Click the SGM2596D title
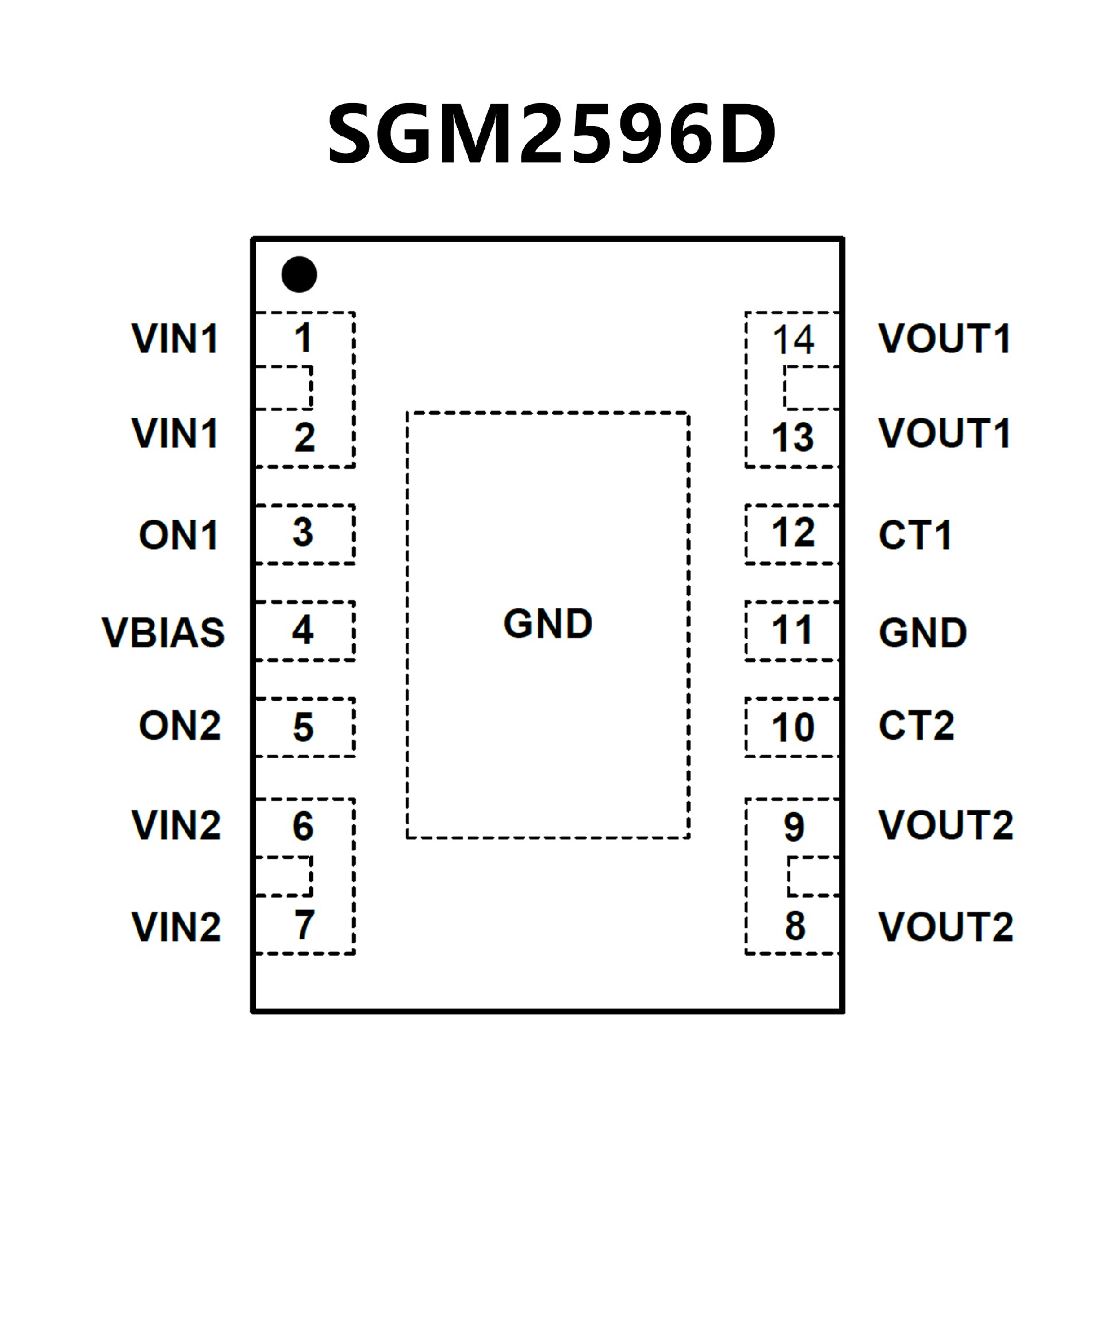(x=551, y=133)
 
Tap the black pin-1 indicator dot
(x=299, y=274)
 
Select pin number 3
(x=303, y=532)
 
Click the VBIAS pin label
(x=163, y=632)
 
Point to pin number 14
(x=793, y=339)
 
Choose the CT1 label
(x=915, y=536)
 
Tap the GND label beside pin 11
(x=923, y=632)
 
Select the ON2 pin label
(x=179, y=725)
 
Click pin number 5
(x=304, y=727)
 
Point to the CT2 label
(x=917, y=725)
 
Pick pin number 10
(x=793, y=727)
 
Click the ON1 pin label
(x=179, y=536)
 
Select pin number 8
(x=795, y=926)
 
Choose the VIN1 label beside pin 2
(x=175, y=433)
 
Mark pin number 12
(x=793, y=532)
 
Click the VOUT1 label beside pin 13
(x=945, y=433)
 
